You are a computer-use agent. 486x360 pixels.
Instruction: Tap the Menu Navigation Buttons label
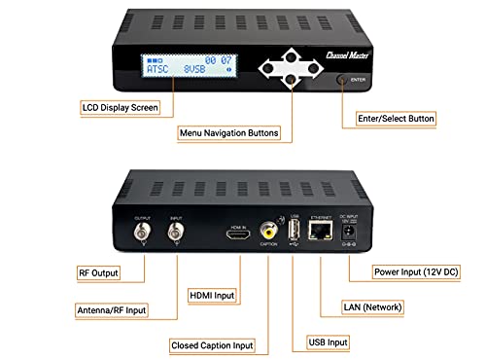point(229,131)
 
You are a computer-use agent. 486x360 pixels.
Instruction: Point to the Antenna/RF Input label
point(110,311)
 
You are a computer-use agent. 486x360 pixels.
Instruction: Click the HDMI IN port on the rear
point(237,234)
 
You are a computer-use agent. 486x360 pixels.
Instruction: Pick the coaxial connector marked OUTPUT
point(144,234)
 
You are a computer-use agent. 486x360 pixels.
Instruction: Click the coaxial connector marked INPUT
point(177,234)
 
